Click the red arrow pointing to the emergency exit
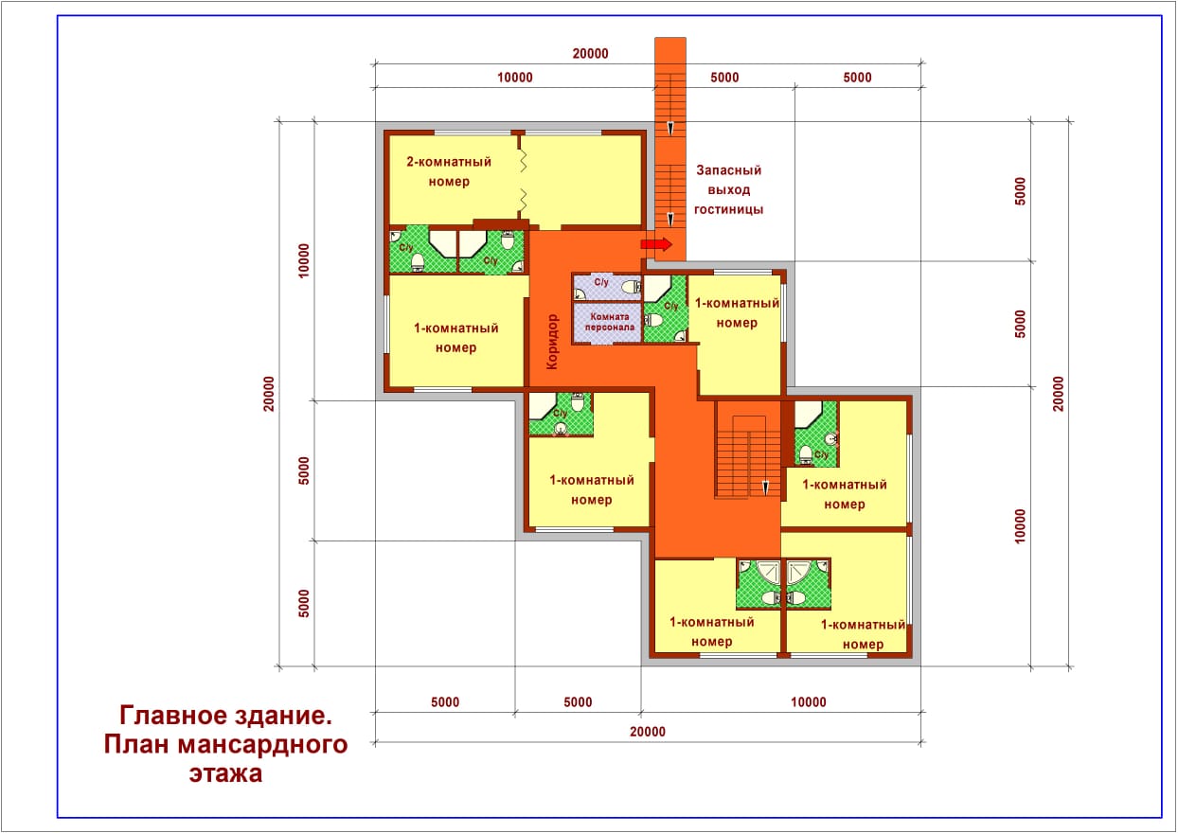tap(656, 244)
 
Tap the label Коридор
tap(552, 342)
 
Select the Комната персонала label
tap(610, 322)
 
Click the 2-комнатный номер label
tap(449, 171)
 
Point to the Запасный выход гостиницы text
tap(728, 189)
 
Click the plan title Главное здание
tap(225, 715)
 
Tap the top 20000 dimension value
tap(590, 53)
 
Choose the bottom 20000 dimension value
tap(648, 731)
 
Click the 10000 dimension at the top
tap(515, 78)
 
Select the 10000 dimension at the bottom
tap(809, 701)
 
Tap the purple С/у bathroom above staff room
tap(607, 287)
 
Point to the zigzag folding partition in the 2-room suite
tap(522, 179)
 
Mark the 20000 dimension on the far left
tap(269, 394)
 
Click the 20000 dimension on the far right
tap(1058, 394)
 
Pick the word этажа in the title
tap(225, 773)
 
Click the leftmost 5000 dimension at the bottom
tap(445, 701)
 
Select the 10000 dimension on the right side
tap(1020, 526)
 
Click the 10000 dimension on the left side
tap(303, 260)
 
